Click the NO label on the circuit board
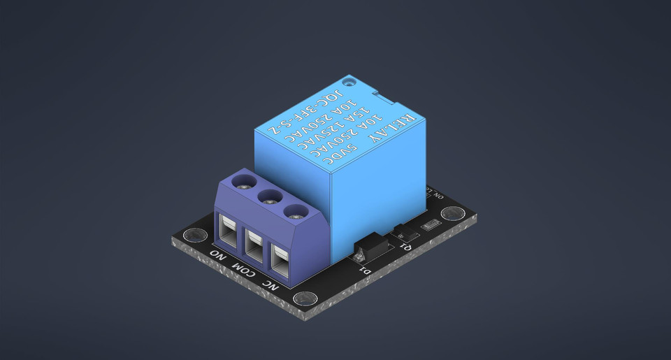coord(219,254)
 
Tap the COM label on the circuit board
coord(243,268)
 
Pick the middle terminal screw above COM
coord(269,197)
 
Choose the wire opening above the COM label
coord(253,242)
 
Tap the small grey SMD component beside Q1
coord(431,224)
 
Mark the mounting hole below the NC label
coord(305,299)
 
